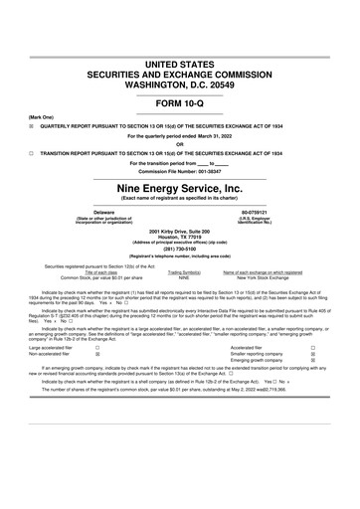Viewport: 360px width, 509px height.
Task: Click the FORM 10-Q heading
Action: [x=180, y=102]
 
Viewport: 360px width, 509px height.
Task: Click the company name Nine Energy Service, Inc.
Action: [x=180, y=187]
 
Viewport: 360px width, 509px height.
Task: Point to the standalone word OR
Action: [x=180, y=144]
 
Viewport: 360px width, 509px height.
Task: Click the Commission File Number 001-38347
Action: [x=180, y=170]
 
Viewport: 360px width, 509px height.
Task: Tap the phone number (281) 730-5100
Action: [x=180, y=249]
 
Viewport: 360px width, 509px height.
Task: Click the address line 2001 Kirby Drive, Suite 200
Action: [x=180, y=231]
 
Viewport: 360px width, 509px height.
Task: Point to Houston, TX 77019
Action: [x=180, y=237]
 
